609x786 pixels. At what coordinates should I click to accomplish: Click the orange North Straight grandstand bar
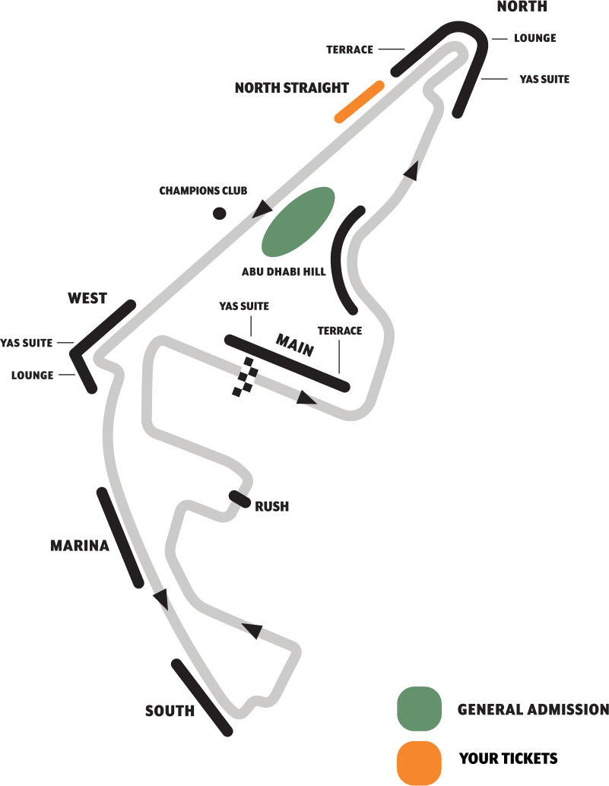[359, 101]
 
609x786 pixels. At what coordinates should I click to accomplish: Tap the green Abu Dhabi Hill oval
[298, 222]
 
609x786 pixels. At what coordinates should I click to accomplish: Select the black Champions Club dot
[219, 214]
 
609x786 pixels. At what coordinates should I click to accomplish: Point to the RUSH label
[271, 506]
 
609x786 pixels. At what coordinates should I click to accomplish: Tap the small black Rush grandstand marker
[239, 499]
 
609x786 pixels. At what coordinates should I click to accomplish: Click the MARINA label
[80, 546]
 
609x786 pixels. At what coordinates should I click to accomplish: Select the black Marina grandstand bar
[120, 537]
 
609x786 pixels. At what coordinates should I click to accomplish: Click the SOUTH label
[170, 712]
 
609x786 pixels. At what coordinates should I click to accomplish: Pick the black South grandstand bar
[201, 697]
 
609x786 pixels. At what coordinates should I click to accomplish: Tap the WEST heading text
[87, 298]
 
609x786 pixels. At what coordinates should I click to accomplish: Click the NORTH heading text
[522, 7]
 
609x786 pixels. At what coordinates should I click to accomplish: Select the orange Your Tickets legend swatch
[419, 762]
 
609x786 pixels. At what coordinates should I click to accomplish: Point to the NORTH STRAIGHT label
[292, 88]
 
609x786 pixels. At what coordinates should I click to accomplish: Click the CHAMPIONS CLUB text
[203, 191]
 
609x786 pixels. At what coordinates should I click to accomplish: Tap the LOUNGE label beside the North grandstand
[535, 38]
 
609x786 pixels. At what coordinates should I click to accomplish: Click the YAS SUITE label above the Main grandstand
[244, 306]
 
